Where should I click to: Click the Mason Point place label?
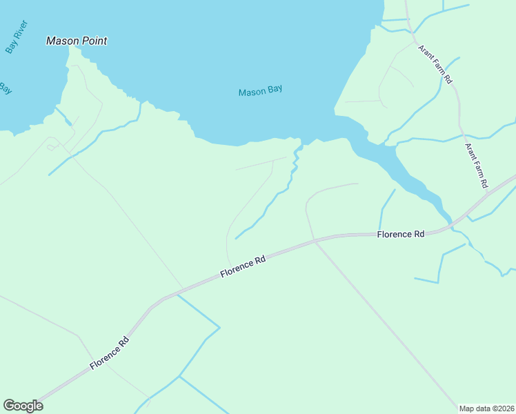pos(76,41)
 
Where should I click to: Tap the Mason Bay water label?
pos(260,91)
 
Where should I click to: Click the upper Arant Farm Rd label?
pos(435,64)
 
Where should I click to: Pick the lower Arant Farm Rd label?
pos(476,166)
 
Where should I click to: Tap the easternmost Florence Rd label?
pos(400,235)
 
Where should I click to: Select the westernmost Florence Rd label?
pos(110,353)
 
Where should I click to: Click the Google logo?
pos(23,406)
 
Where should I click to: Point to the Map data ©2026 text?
pos(486,408)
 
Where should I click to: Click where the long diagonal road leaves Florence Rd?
pos(315,240)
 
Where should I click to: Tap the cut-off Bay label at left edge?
pos(5,88)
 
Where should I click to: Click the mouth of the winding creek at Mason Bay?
pos(299,144)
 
